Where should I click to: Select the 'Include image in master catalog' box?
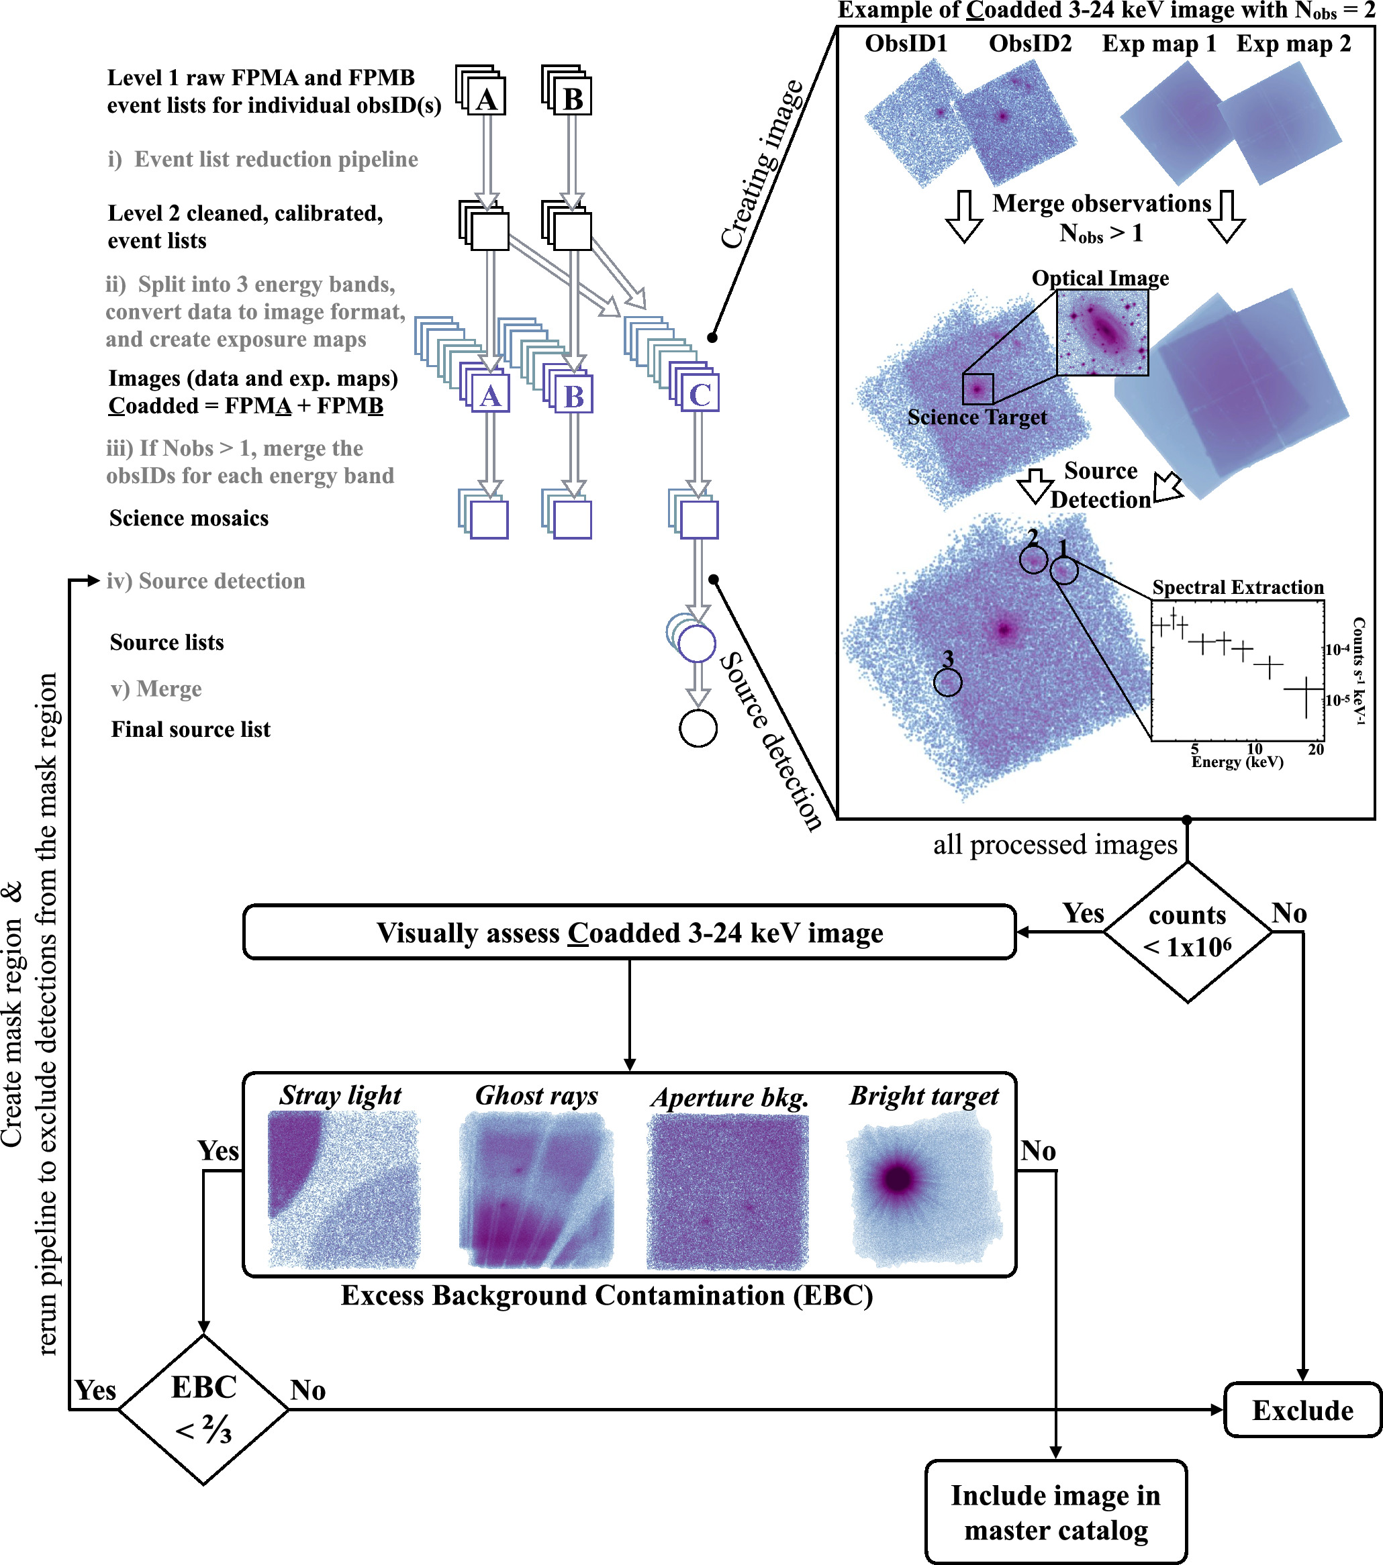tap(1055, 1512)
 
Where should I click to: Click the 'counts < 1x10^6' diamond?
tap(1187, 931)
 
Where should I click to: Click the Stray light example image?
tap(344, 1189)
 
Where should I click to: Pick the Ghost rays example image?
tap(536, 1189)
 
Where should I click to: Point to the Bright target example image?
tap(924, 1189)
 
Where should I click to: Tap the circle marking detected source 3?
tap(948, 681)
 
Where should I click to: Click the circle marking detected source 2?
tap(1033, 560)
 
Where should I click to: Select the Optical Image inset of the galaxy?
tap(1102, 333)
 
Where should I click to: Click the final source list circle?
tap(698, 728)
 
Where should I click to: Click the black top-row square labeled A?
tap(486, 97)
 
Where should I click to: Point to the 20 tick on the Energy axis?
tap(1316, 749)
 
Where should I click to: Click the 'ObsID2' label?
tap(1030, 44)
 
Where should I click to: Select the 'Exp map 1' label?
tap(1159, 44)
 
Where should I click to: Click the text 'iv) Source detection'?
tap(206, 581)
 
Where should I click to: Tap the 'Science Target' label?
tap(976, 417)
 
